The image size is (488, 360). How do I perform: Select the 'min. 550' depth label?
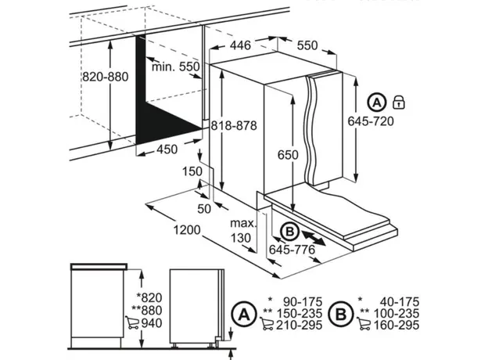[x=176, y=67]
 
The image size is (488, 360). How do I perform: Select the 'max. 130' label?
[x=243, y=231]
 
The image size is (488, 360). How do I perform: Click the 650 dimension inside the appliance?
[x=287, y=155]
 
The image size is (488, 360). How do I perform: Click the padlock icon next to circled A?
[x=399, y=102]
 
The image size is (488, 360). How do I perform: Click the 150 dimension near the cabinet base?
[x=192, y=171]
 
